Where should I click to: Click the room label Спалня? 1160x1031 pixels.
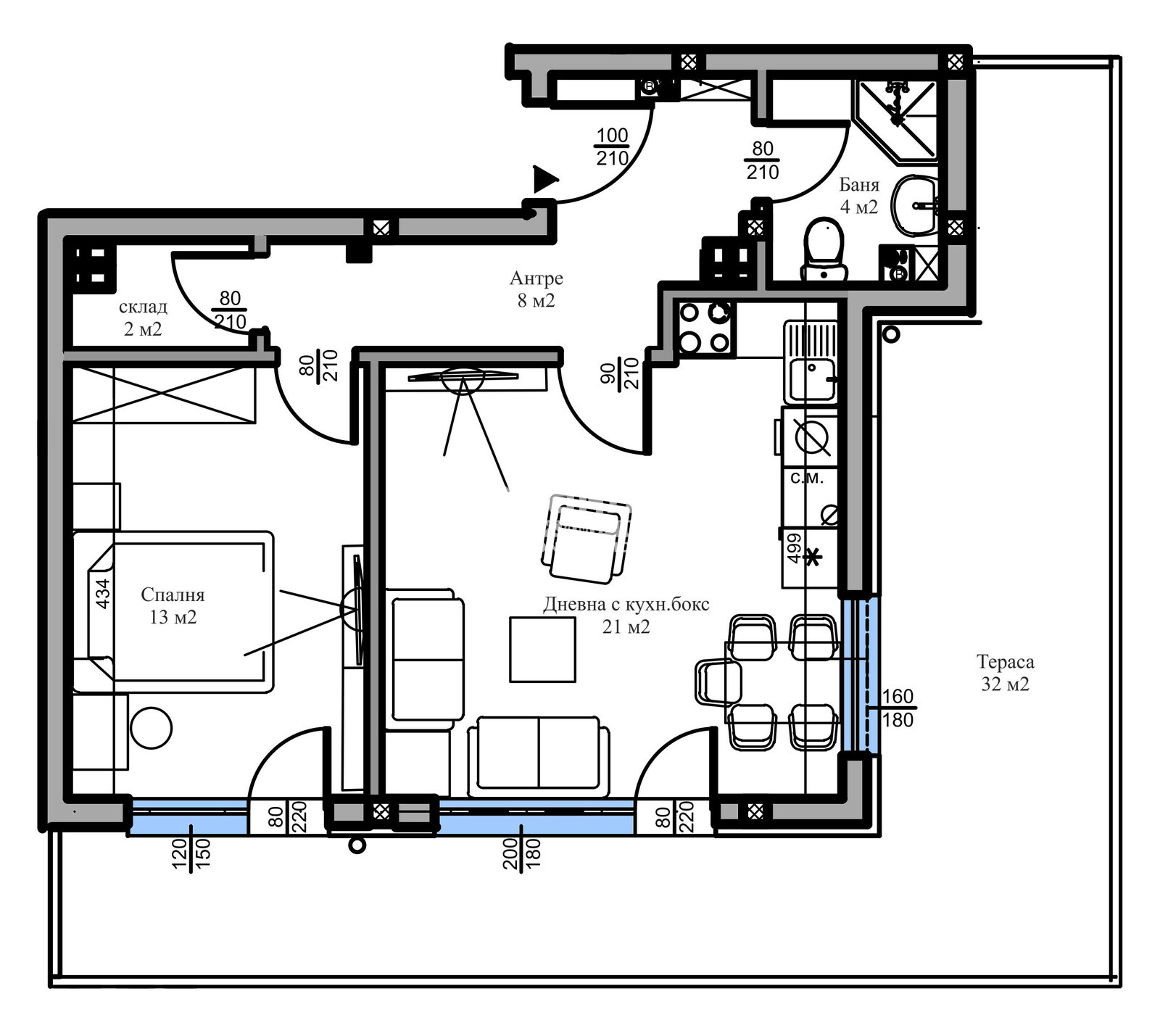(173, 595)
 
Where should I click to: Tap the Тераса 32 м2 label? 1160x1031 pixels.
(1005, 673)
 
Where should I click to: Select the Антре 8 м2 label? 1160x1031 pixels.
(536, 289)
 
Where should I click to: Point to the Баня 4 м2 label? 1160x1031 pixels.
(859, 196)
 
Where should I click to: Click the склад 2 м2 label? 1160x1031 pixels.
(143, 318)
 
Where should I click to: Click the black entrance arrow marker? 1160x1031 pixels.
(546, 179)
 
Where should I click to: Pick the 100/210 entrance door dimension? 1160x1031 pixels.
(613, 146)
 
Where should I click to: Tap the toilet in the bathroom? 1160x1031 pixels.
(824, 250)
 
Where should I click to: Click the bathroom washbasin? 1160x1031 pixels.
(916, 206)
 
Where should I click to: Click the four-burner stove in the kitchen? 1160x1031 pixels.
(704, 327)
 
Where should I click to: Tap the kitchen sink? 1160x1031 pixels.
(811, 362)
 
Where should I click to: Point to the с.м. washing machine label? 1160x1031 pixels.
(806, 478)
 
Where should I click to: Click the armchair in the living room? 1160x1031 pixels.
(587, 538)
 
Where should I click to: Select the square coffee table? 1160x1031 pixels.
(542, 649)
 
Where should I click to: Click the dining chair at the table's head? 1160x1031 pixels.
(718, 682)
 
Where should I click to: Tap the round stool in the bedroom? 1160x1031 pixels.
(151, 727)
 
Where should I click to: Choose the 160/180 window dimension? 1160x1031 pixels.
(898, 708)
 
